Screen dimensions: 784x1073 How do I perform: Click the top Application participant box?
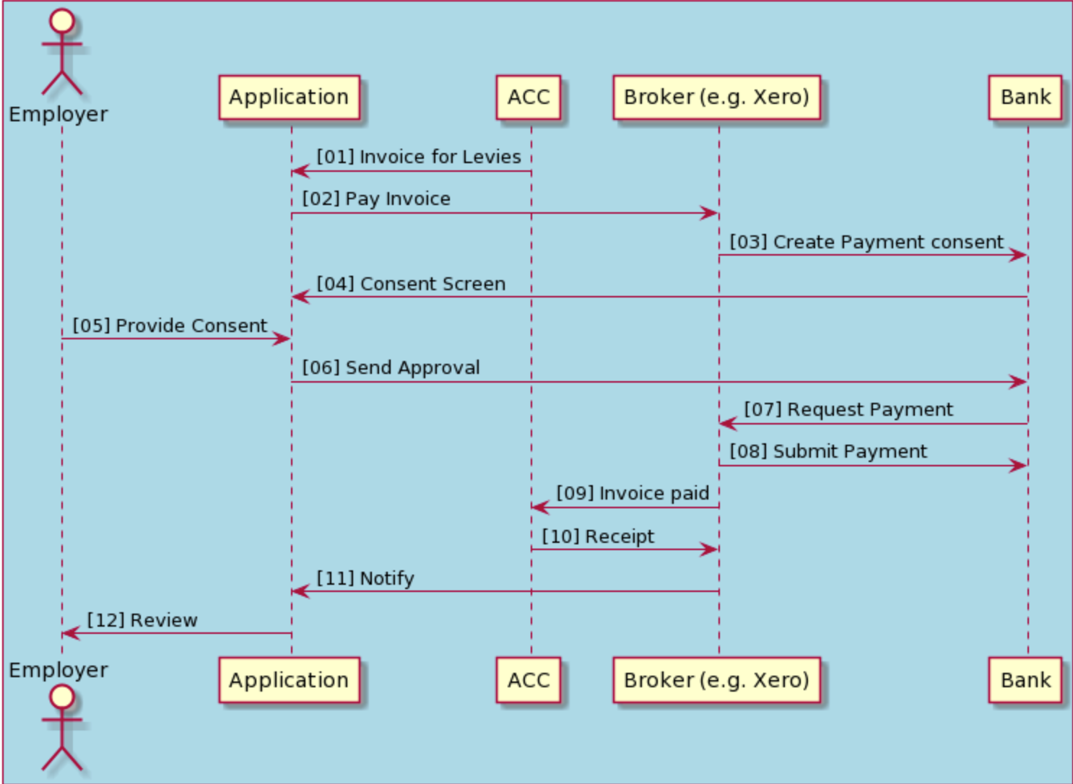(289, 97)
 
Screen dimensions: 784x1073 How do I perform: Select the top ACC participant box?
(528, 97)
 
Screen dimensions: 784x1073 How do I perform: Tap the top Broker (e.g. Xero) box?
(716, 97)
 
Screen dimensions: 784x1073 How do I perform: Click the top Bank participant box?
(1025, 97)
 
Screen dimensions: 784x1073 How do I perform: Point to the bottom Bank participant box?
(1025, 680)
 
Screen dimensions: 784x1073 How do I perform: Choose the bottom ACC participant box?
(528, 680)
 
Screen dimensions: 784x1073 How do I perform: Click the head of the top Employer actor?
(62, 21)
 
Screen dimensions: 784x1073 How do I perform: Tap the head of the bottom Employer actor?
(62, 697)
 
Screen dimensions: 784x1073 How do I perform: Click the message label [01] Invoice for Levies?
(419, 157)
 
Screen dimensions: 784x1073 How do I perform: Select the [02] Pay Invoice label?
(376, 199)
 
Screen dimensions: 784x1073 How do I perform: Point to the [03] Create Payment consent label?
(866, 242)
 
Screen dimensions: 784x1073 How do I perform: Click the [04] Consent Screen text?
(411, 284)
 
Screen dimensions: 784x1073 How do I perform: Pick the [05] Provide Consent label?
(170, 326)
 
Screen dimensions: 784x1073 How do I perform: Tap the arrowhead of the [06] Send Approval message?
(1019, 382)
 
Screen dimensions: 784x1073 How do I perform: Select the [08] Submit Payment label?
(828, 451)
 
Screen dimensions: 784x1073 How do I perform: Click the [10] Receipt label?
(598, 536)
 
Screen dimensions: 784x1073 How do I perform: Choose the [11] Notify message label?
(365, 578)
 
